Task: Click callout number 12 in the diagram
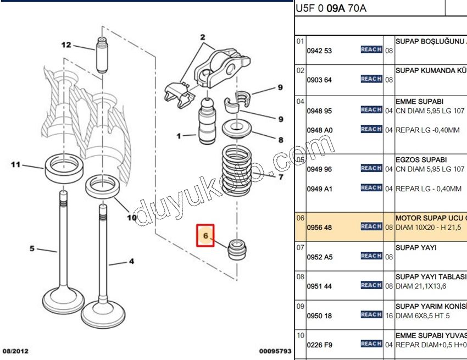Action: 66,45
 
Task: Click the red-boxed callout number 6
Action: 205,236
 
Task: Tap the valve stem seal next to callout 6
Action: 237,250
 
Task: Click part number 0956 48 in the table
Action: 319,227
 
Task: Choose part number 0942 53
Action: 319,51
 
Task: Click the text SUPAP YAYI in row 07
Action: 416,247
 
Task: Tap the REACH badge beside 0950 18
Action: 371,314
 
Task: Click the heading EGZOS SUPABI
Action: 421,159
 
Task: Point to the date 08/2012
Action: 15,351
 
